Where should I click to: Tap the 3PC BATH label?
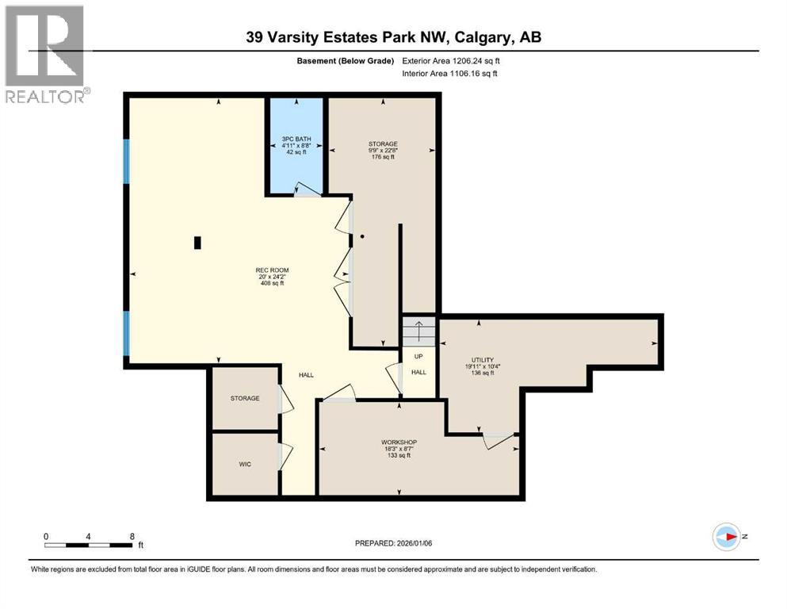tap(296, 140)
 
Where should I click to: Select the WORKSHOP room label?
tap(399, 442)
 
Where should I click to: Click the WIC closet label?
tap(245, 464)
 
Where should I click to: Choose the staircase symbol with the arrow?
tap(418, 330)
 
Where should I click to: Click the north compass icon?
tap(726, 537)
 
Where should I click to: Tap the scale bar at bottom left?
tap(88, 544)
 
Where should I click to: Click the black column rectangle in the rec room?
tap(197, 243)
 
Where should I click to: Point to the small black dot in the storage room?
tap(362, 236)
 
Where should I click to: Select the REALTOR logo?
tap(46, 54)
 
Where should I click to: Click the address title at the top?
tap(393, 37)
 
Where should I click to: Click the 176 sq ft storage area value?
tap(383, 157)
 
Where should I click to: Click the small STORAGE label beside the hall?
tap(245, 398)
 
